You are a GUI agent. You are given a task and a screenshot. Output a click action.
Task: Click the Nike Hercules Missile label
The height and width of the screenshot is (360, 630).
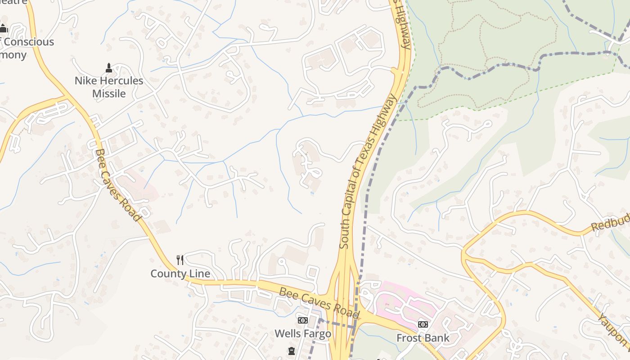tap(109, 87)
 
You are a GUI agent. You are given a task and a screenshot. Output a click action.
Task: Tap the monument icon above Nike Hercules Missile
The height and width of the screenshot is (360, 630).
tap(108, 68)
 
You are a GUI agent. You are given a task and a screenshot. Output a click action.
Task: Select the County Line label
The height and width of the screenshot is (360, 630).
tap(180, 274)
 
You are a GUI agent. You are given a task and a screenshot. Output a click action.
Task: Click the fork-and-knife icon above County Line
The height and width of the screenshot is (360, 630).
tap(180, 260)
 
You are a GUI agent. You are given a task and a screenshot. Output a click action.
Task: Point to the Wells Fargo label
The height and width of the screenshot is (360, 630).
tap(302, 333)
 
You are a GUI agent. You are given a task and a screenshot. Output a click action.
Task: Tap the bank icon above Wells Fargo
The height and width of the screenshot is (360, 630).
tap(302, 320)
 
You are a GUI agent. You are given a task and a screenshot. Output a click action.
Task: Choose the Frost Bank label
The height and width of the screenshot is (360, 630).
tap(423, 337)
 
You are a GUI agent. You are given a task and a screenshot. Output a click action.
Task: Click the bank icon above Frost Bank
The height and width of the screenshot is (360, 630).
tap(423, 324)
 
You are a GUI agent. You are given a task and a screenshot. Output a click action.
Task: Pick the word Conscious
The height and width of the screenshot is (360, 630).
tap(30, 42)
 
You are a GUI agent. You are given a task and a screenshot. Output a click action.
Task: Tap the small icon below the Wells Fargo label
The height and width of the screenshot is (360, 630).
tap(291, 351)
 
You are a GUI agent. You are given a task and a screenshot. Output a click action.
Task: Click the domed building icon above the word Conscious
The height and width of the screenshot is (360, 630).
tap(4, 29)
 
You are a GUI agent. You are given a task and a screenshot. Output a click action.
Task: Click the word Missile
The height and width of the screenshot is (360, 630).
tap(109, 94)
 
